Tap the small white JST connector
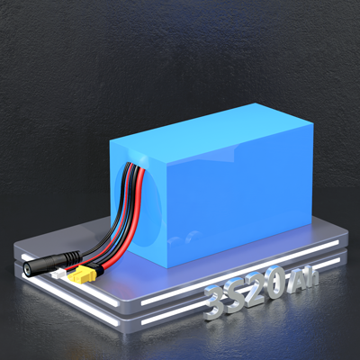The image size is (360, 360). pos(58,273)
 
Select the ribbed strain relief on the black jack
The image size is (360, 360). pos(73,256)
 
